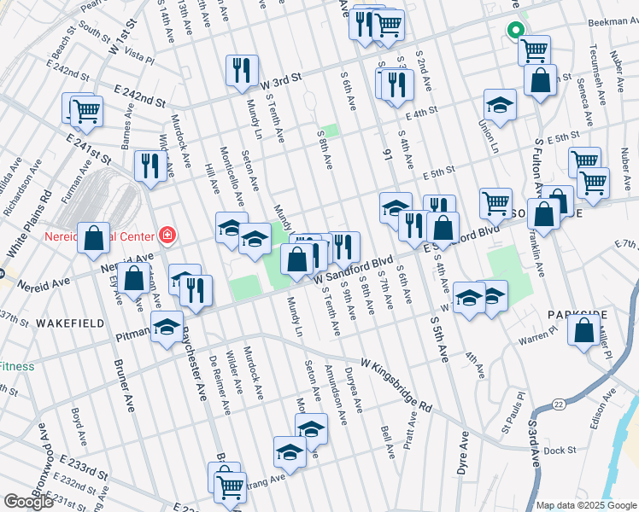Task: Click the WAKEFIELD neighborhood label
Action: pos(71,323)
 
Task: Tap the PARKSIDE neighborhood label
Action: pos(578,315)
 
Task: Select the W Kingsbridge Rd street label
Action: pos(396,380)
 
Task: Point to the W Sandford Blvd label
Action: pos(353,270)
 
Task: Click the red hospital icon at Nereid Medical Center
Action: pos(167,235)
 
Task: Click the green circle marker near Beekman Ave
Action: pos(515,31)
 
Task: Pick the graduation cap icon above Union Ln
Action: pos(501,105)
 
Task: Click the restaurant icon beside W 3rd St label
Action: pos(242,71)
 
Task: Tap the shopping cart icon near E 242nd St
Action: pos(86,109)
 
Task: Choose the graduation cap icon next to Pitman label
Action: pos(167,328)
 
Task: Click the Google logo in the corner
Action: pos(27,502)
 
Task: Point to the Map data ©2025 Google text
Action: pos(585,505)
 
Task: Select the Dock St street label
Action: pos(560,450)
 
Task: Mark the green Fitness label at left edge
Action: pos(16,366)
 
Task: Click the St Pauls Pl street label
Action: pos(514,413)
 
